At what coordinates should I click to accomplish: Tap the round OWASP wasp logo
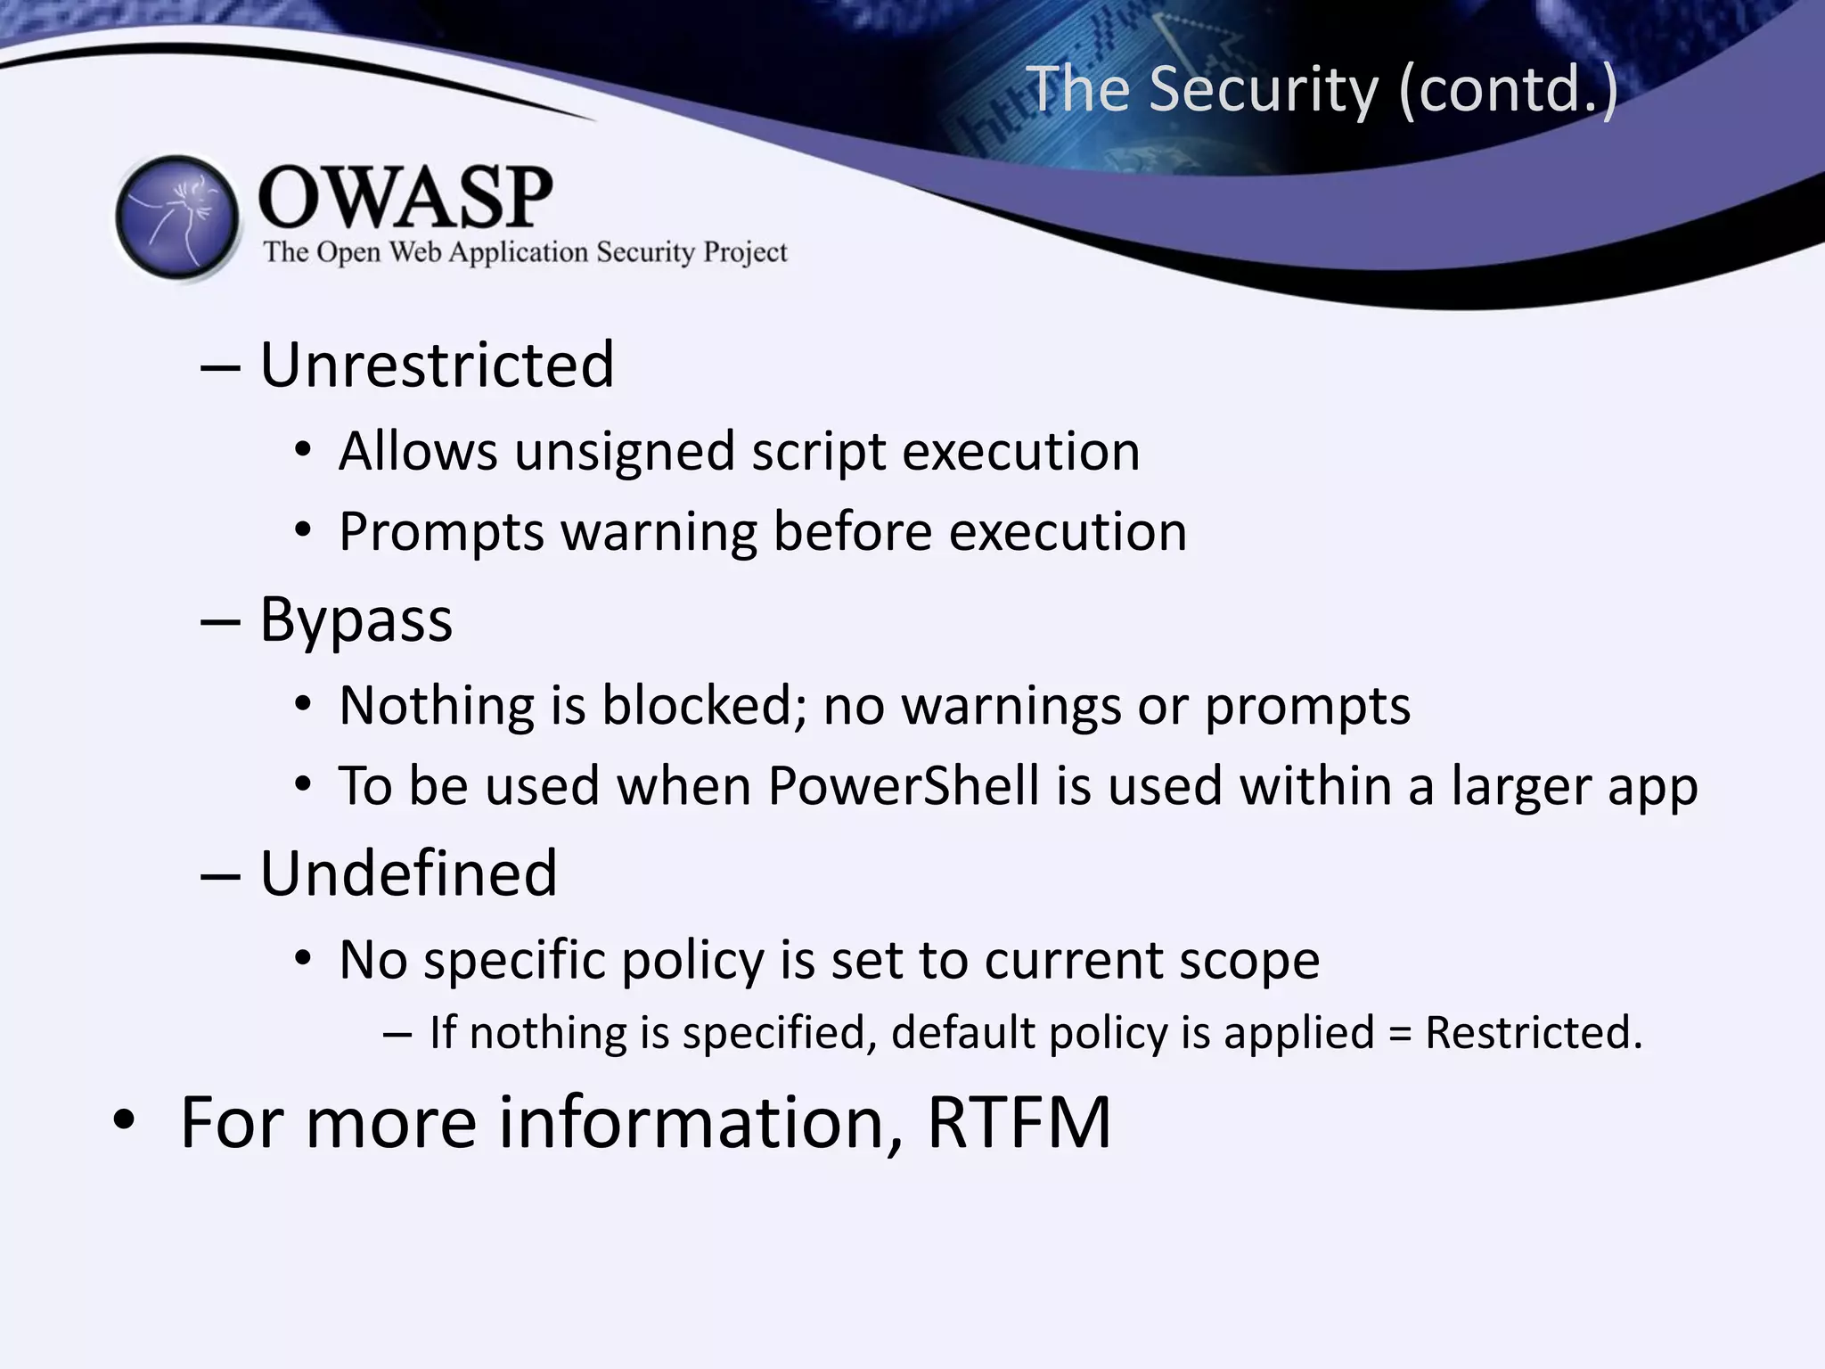178,217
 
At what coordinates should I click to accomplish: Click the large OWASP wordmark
405,198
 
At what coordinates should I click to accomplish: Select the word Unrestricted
437,365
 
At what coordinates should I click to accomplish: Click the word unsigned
624,452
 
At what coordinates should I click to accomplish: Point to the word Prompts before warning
441,533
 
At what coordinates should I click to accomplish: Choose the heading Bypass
356,619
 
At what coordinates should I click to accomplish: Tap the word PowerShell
904,786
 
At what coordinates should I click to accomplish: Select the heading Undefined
408,873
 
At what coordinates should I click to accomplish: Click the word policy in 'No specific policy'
692,961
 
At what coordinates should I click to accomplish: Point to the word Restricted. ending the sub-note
1533,1032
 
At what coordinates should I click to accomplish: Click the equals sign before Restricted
1400,1034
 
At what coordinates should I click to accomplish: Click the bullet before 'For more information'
125,1121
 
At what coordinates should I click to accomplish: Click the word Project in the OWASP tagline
745,252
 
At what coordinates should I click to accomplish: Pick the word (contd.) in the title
1508,89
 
